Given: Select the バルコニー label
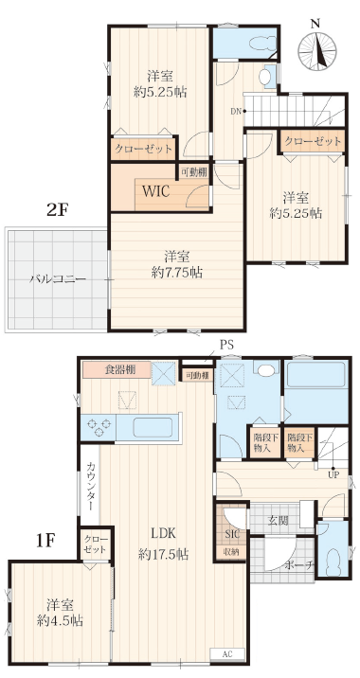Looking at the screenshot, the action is pos(58,279).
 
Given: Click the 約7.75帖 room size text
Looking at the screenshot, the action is pos(177,273).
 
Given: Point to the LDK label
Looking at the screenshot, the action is pos(163,533).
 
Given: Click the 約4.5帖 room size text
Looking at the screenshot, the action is pos(60,621).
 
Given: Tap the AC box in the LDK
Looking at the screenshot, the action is pos(227,653).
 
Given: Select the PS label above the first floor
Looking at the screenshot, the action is pos(226,345).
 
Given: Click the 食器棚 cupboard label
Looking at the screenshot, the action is pos(120,370).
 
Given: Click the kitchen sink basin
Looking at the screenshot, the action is pos(153,427).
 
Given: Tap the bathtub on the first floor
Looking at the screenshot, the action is pos(316,374).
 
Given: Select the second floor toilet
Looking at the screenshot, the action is pos(263,44).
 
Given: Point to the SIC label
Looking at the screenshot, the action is pos(231,533).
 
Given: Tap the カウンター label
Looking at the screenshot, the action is pos(91,486).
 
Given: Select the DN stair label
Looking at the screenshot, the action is pos(235,111).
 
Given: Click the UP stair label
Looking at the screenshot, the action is pos(333,475).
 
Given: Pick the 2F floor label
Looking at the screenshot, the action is pos(58,210).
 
